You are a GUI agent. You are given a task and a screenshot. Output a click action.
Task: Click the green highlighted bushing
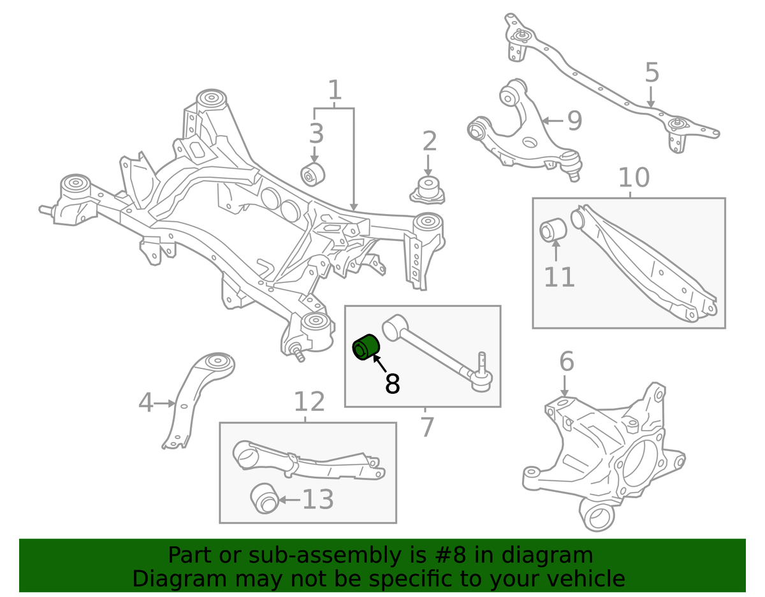(x=367, y=348)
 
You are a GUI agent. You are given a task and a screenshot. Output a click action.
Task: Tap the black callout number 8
(x=392, y=384)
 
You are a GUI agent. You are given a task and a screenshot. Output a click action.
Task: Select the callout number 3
(x=316, y=134)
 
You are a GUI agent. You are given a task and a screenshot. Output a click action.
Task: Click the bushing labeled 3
(x=313, y=173)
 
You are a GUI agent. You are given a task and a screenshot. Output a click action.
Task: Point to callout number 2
(x=429, y=141)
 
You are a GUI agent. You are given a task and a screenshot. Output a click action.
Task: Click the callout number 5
(x=651, y=73)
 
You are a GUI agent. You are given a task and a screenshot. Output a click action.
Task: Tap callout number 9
(x=574, y=120)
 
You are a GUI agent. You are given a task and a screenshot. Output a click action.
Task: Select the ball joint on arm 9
(x=572, y=162)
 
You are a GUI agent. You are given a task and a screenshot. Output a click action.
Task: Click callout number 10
(x=633, y=178)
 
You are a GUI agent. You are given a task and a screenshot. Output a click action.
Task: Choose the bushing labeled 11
(x=552, y=231)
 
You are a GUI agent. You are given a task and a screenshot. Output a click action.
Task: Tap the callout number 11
(x=559, y=277)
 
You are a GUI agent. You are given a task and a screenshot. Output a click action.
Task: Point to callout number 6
(x=566, y=362)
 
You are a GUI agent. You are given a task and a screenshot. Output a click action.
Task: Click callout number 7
(x=426, y=427)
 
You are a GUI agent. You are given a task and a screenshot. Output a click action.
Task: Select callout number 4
(x=146, y=403)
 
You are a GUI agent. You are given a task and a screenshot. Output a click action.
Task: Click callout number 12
(x=309, y=402)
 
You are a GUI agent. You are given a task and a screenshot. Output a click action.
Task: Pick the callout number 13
(x=317, y=500)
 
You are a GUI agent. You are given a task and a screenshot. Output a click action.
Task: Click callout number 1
(x=335, y=92)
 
